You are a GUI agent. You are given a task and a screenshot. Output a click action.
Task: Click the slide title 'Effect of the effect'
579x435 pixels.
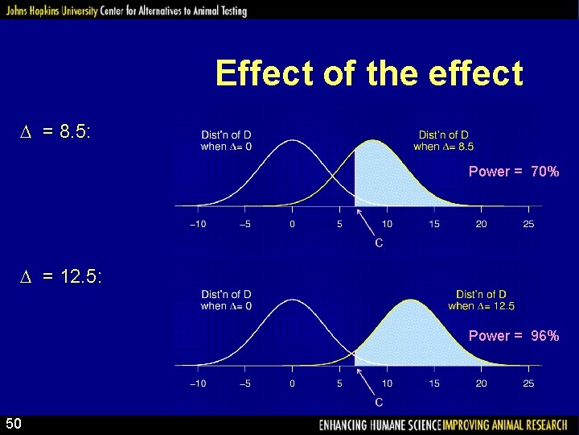pyautogui.click(x=369, y=74)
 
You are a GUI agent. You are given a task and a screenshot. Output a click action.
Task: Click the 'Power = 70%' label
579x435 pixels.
pyautogui.click(x=513, y=172)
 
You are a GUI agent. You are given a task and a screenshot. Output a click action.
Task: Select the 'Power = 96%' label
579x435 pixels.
pyautogui.click(x=513, y=335)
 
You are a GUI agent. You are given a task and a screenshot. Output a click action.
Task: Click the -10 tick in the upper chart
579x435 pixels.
pyautogui.click(x=197, y=224)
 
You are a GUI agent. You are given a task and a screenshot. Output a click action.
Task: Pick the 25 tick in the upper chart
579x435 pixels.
pyautogui.click(x=528, y=224)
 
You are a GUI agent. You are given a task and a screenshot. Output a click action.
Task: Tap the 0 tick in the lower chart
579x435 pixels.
pyautogui.click(x=292, y=383)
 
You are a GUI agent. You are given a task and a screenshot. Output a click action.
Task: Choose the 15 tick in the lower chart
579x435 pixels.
pyautogui.click(x=434, y=383)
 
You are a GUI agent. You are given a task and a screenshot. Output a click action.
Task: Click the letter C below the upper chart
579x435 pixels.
pyautogui.click(x=378, y=242)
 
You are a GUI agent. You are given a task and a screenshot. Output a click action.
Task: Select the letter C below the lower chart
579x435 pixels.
pyautogui.click(x=378, y=402)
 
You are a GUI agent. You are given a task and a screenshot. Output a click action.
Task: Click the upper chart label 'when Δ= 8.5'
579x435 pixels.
pyautogui.click(x=443, y=147)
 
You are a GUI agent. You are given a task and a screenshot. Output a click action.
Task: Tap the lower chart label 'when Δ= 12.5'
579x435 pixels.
pyautogui.click(x=481, y=306)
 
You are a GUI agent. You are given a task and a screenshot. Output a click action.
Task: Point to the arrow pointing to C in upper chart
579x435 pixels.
pyautogui.click(x=366, y=220)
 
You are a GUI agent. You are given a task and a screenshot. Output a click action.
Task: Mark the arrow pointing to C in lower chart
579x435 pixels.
pyautogui.click(x=366, y=379)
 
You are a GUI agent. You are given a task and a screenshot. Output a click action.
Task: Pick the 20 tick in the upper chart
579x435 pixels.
pyautogui.click(x=481, y=224)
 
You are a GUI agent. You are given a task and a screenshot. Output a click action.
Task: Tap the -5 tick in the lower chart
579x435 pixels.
pyautogui.click(x=244, y=383)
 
